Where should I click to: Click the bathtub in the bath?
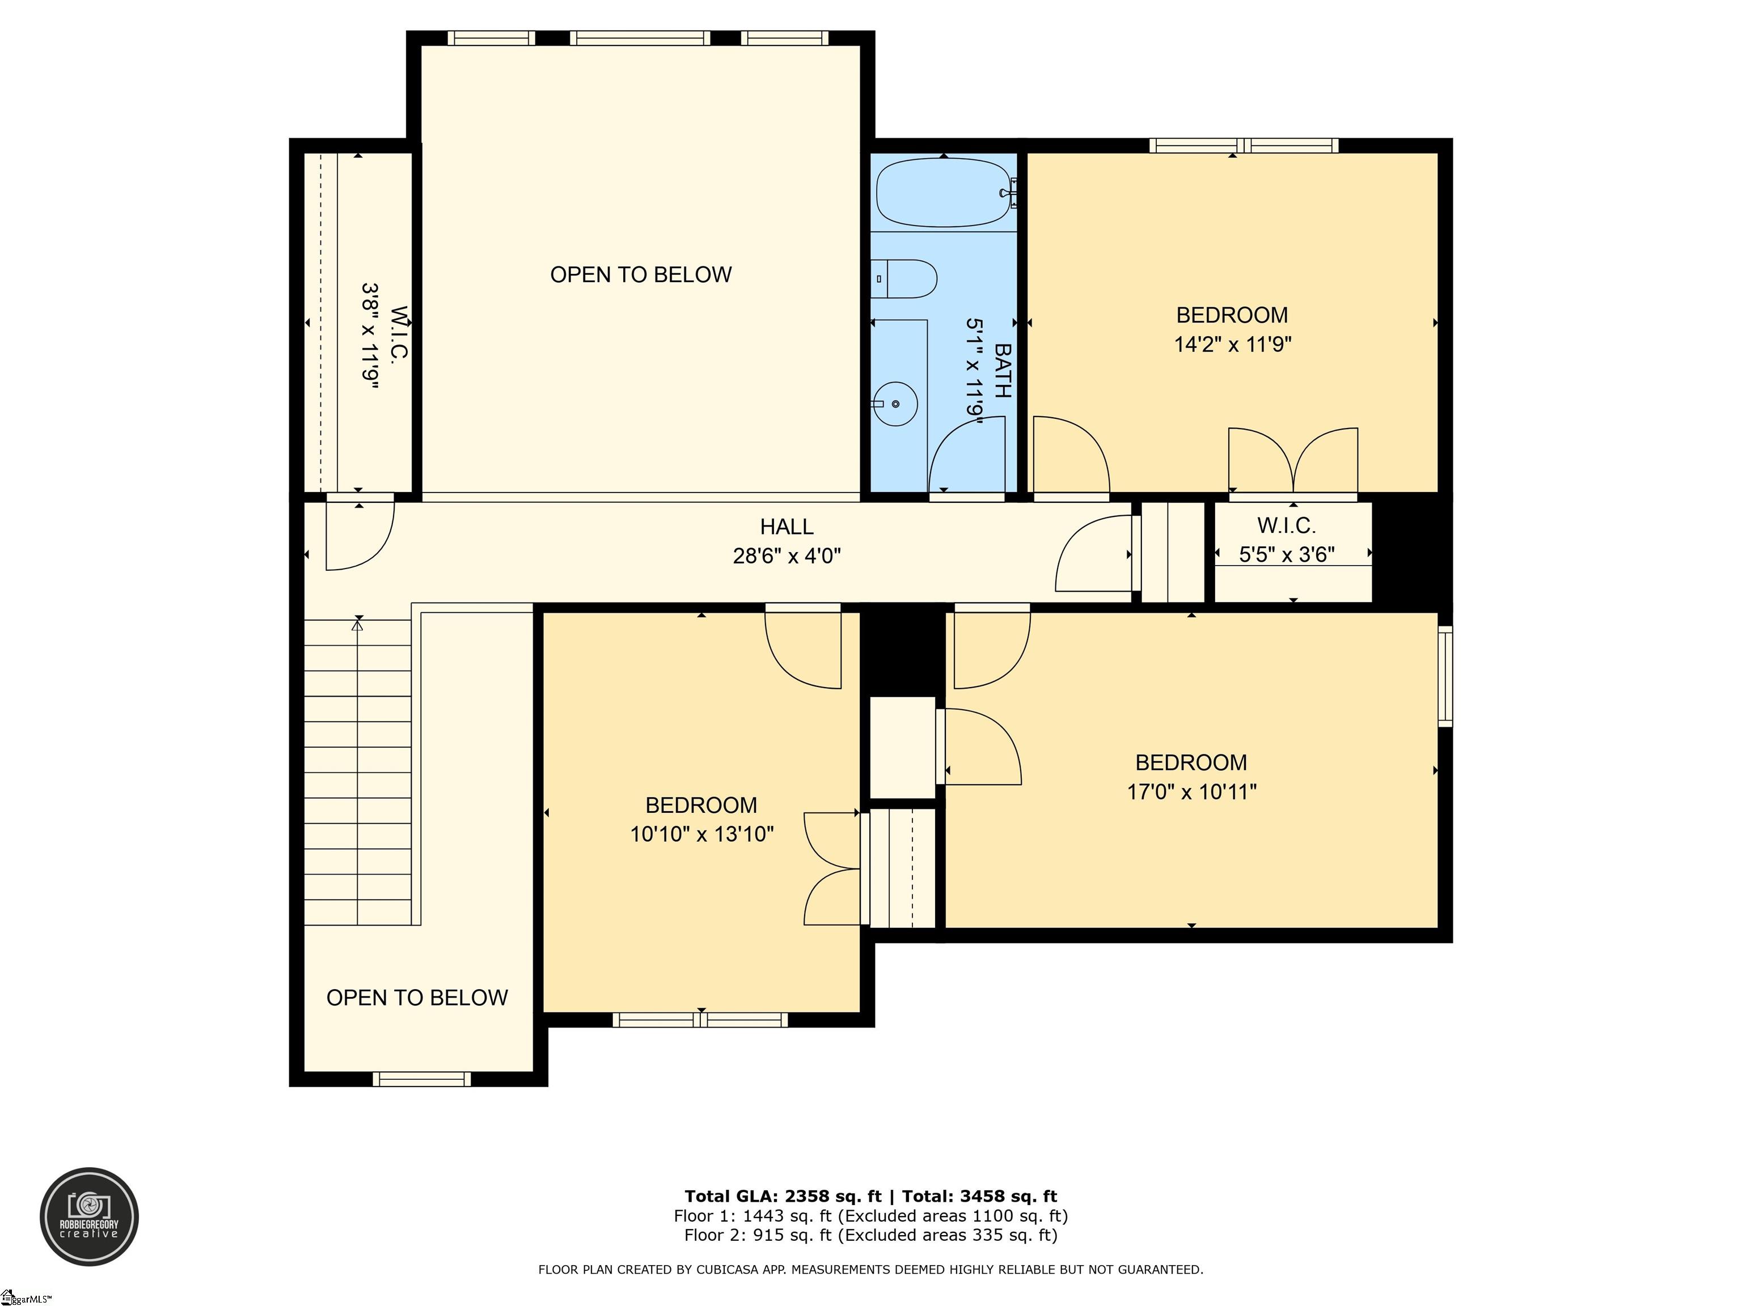[x=942, y=193]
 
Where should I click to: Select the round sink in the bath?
[x=896, y=403]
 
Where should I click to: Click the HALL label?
[x=786, y=527]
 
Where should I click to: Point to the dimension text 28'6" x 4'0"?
[x=786, y=556]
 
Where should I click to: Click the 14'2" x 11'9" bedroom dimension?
[x=1232, y=345]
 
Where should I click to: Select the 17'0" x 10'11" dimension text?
[x=1191, y=791]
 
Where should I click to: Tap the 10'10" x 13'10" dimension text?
[x=701, y=834]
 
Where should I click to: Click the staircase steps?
[x=358, y=771]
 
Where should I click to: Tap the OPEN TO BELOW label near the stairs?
[x=417, y=998]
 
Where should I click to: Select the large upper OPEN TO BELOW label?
[x=640, y=275]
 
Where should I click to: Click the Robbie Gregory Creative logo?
[x=89, y=1216]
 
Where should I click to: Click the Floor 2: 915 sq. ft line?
[x=870, y=1235]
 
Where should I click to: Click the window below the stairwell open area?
[x=421, y=1079]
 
